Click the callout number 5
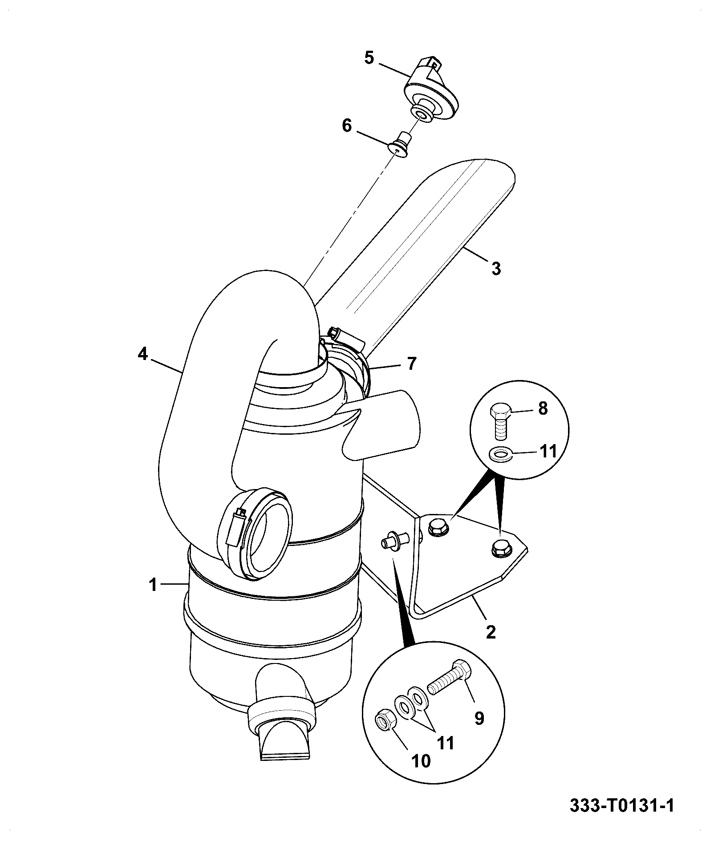(369, 59)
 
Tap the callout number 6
(347, 126)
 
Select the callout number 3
(496, 269)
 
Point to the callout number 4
(142, 354)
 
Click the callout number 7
(412, 364)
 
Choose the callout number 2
(491, 632)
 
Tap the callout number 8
(543, 408)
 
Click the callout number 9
(479, 718)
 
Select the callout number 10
(421, 761)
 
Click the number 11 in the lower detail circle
(446, 743)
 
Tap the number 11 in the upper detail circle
(548, 451)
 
